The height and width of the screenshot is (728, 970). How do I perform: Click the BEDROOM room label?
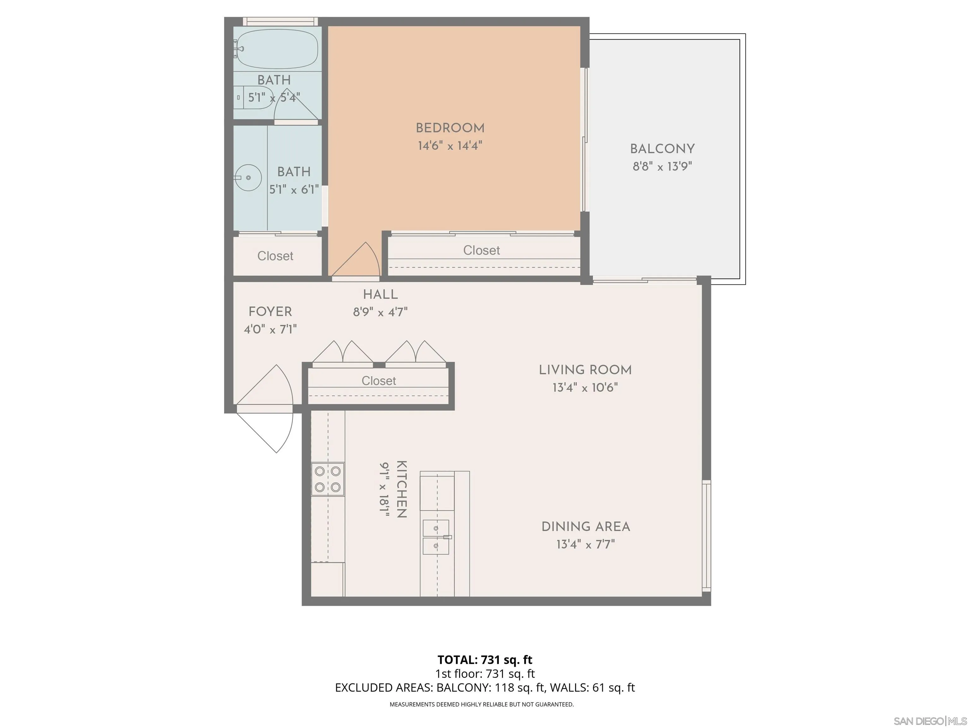point(450,128)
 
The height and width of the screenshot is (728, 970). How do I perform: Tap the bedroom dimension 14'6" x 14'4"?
point(450,146)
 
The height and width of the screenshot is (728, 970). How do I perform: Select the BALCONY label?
point(662,149)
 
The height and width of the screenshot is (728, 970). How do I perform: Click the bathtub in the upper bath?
point(275,49)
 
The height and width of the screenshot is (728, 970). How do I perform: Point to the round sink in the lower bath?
point(248,178)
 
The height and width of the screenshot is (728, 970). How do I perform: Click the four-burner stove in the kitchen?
point(327,479)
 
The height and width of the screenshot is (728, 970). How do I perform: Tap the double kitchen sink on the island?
point(436,537)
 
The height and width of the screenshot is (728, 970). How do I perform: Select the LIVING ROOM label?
point(585,370)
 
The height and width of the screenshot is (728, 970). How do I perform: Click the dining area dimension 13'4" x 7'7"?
point(585,544)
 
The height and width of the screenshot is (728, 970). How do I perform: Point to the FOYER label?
point(270,312)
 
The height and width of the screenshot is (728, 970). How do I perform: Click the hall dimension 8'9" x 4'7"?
point(380,312)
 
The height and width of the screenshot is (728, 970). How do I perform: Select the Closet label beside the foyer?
point(379,380)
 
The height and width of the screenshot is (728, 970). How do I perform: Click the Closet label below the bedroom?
point(482,250)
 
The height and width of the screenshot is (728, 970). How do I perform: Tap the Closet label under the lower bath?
point(275,256)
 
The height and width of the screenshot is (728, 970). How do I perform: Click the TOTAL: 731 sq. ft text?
point(485,659)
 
